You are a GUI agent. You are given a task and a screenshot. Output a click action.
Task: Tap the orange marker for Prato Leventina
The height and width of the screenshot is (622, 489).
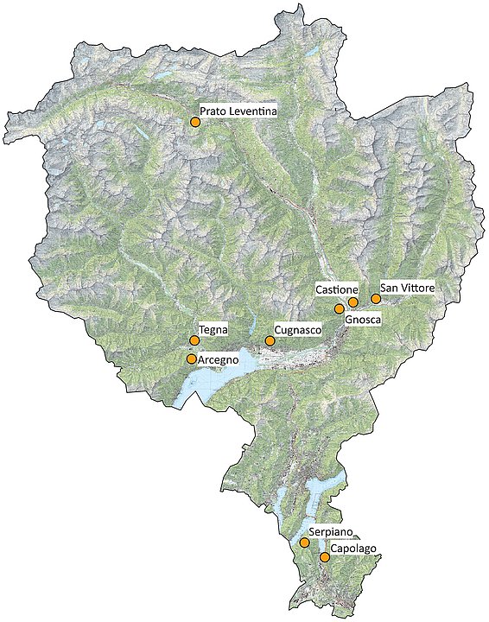(195, 123)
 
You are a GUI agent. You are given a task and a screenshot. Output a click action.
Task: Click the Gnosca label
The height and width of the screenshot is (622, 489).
(362, 320)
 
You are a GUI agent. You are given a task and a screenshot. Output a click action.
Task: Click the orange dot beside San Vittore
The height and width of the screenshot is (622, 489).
(376, 299)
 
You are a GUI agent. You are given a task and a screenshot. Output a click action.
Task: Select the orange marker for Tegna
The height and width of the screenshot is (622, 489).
(194, 341)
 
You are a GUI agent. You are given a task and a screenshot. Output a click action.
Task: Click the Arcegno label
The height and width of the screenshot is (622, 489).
(218, 359)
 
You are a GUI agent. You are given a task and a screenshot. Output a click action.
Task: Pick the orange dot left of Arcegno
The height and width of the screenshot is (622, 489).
(192, 359)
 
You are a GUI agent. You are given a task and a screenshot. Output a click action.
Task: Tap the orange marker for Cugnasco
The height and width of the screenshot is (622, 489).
(270, 341)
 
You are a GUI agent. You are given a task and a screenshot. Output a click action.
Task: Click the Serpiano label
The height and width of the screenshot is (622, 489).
(331, 532)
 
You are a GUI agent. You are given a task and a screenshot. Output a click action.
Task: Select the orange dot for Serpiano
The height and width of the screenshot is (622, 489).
(304, 543)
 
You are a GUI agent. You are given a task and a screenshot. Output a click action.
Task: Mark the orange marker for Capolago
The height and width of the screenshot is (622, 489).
(325, 557)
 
